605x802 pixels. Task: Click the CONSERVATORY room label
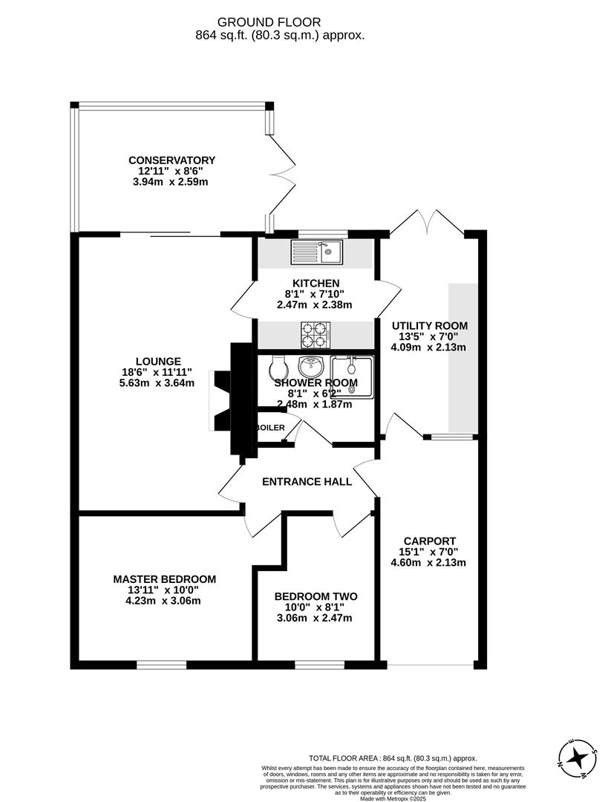pos(171,160)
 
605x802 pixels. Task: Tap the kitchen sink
pos(317,252)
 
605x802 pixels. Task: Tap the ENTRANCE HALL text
pos(307,482)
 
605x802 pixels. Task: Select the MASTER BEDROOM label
pos(164,579)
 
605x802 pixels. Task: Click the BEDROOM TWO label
pos(315,596)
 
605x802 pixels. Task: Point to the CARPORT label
pos(429,541)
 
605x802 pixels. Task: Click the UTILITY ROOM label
pos(430,326)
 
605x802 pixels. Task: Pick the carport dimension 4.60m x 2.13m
pos(429,562)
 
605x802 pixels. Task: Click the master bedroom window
pos(161,664)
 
